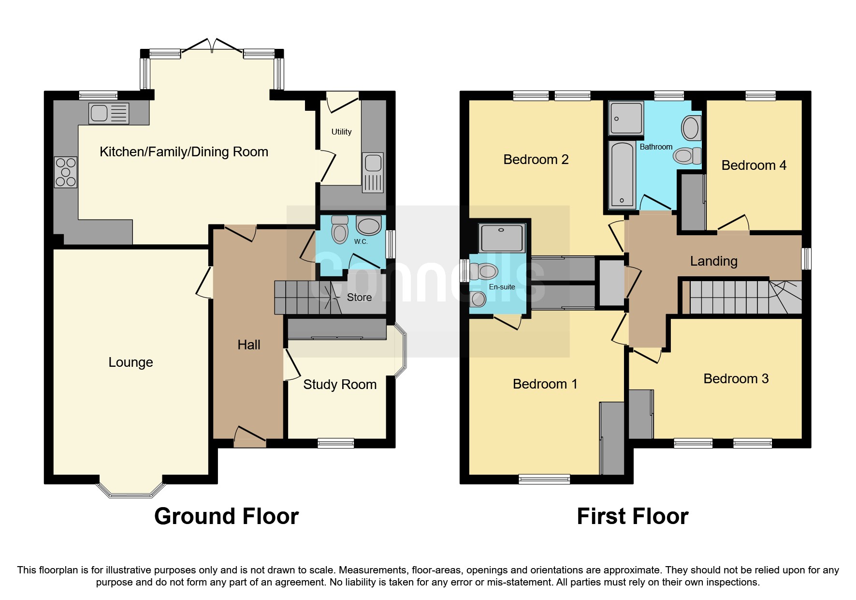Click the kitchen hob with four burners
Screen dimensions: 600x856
click(66, 172)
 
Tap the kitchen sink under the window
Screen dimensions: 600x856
click(109, 113)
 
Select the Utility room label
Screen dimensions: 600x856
click(341, 132)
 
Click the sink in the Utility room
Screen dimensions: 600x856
click(373, 164)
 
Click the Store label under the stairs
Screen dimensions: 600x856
click(359, 297)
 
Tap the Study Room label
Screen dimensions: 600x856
click(339, 384)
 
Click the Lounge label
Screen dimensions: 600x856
click(131, 362)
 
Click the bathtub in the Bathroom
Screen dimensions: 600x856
click(621, 175)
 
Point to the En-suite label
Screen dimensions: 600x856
click(502, 287)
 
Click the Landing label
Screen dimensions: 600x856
click(713, 261)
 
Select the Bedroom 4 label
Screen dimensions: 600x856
click(754, 165)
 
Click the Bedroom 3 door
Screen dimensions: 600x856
click(647, 356)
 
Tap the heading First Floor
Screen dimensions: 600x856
click(632, 516)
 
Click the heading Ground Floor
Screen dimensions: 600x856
click(226, 516)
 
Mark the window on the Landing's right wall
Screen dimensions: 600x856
click(806, 259)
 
